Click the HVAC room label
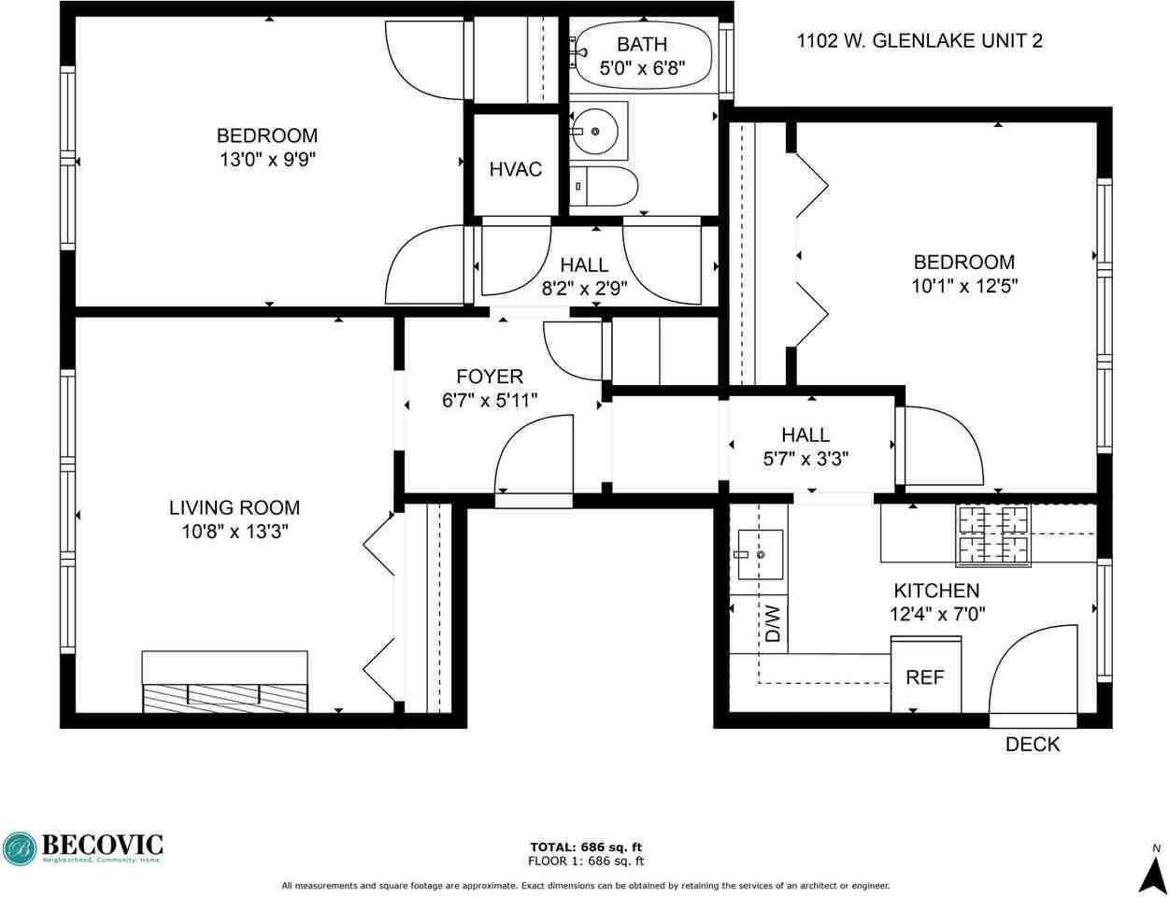[x=515, y=169]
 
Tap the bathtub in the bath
[x=643, y=56]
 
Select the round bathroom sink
[x=594, y=131]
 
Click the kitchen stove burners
[x=993, y=535]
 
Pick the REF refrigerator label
[x=925, y=677]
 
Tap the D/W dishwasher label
[x=773, y=624]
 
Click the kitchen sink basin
[x=760, y=554]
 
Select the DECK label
[x=1033, y=745]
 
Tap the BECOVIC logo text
[x=102, y=845]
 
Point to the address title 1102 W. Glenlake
[x=920, y=41]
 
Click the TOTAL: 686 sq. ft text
[x=586, y=848]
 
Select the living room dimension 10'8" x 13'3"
[x=235, y=532]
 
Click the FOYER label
[x=490, y=377]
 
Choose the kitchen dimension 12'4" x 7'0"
[x=937, y=614]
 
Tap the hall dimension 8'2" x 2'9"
[x=584, y=289]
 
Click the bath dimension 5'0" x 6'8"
[x=642, y=68]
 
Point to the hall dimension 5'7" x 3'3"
[x=805, y=459]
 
